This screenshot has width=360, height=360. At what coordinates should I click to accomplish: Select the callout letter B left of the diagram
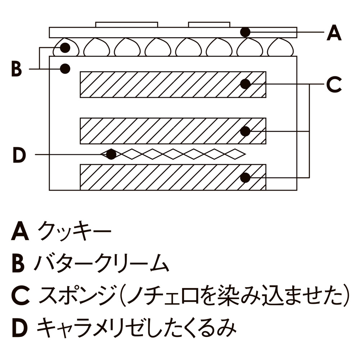[16, 69]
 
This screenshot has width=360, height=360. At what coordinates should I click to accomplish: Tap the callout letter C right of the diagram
[334, 85]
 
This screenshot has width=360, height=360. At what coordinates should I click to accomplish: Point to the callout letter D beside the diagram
[19, 155]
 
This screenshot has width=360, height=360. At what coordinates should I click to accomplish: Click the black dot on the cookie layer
[245, 32]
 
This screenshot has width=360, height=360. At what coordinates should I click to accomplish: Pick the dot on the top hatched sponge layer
[245, 84]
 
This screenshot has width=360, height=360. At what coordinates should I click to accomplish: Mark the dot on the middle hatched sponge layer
[245, 131]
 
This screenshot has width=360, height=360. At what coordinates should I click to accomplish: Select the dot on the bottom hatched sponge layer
[245, 177]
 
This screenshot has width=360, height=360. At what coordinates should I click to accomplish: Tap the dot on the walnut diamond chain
[111, 154]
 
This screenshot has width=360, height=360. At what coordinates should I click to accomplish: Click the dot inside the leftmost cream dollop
[65, 47]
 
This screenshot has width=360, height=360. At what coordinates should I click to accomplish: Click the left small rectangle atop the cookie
[126, 24]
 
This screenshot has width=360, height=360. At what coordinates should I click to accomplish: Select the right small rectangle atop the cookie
[209, 24]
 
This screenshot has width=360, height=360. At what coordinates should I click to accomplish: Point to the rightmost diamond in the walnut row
[236, 154]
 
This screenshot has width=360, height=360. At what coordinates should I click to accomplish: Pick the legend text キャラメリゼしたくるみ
[136, 328]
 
